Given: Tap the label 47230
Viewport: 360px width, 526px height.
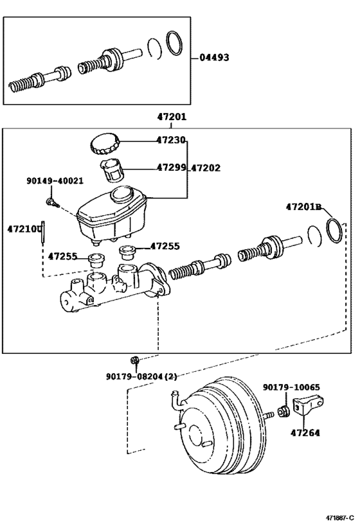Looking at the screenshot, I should click(171, 141).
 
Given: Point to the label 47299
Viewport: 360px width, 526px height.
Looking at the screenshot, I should click(171, 168).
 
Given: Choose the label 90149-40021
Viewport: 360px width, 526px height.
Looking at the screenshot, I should click(55, 182).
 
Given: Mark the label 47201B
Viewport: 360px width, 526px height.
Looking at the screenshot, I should click(303, 206).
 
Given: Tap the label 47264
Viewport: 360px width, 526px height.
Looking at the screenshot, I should click(304, 434).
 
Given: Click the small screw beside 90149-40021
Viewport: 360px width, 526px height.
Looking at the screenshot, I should click(51, 202).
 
